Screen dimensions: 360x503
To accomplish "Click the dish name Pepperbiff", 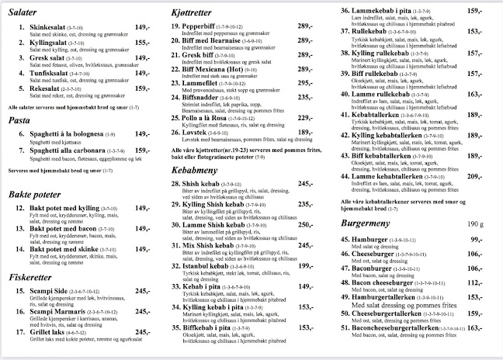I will [x=204, y=27].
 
